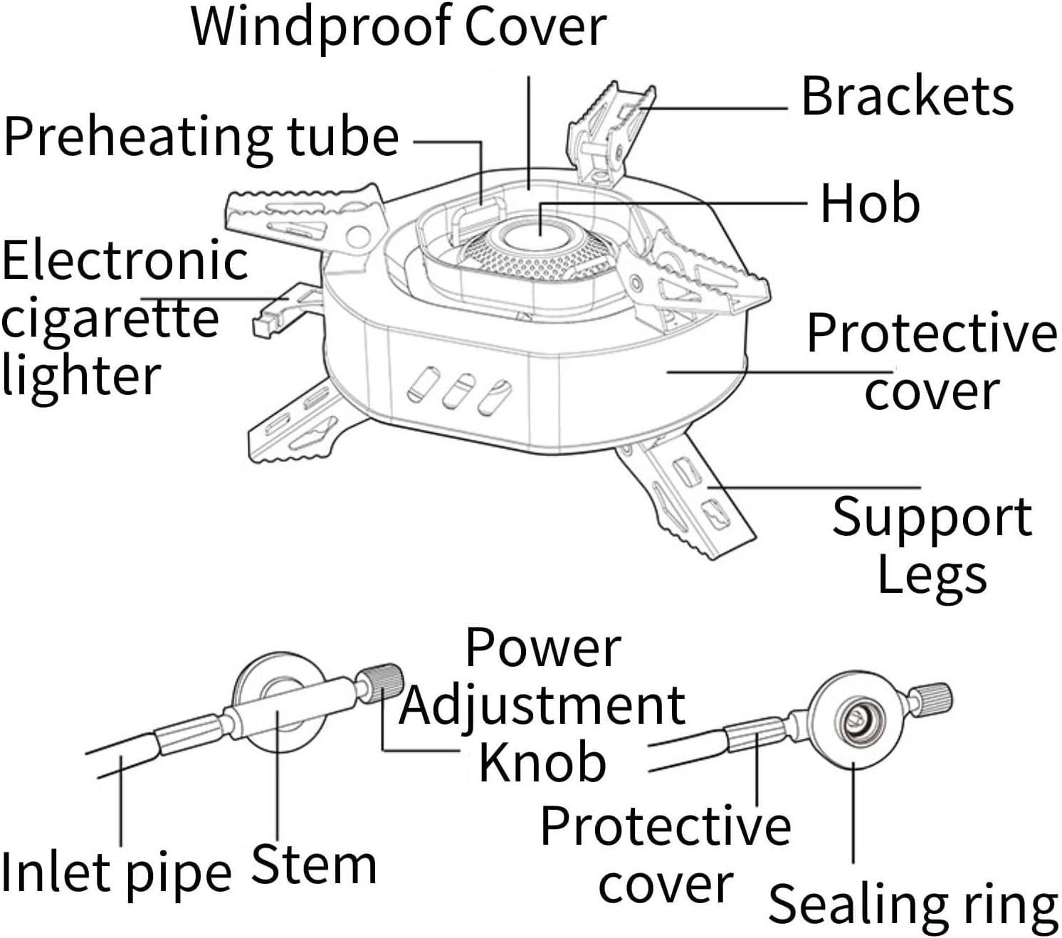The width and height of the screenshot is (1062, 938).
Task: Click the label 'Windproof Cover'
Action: pos(399,27)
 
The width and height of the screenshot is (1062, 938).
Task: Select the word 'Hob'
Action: pos(870,204)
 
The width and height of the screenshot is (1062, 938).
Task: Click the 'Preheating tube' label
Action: pos(201,137)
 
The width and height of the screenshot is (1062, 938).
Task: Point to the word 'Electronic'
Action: pos(125,260)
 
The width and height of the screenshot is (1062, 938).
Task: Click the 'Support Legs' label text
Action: pos(932,544)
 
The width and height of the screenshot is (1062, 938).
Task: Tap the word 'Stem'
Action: pos(314,865)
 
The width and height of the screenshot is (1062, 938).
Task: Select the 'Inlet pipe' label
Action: pos(116,873)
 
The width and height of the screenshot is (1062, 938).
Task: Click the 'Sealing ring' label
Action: pos(913,905)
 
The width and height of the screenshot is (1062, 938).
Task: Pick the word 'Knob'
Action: pos(542,762)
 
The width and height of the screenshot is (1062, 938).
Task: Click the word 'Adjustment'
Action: pos(542,705)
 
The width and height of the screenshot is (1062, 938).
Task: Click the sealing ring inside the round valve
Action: pos(856,722)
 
